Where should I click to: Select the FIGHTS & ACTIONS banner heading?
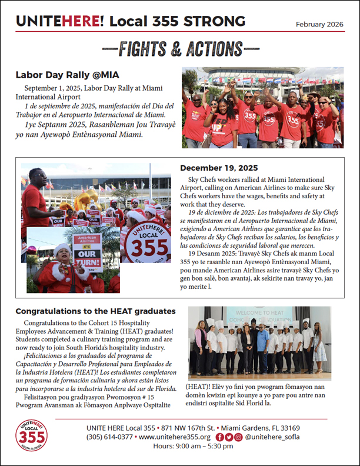coord(180,49)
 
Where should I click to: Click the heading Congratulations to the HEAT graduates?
coord(95,311)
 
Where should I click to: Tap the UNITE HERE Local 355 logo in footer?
coord(32,435)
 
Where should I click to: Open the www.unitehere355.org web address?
coord(175,437)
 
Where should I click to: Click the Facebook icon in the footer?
coord(219,437)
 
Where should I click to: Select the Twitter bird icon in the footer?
coord(229,437)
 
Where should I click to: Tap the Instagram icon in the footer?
coord(238,437)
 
